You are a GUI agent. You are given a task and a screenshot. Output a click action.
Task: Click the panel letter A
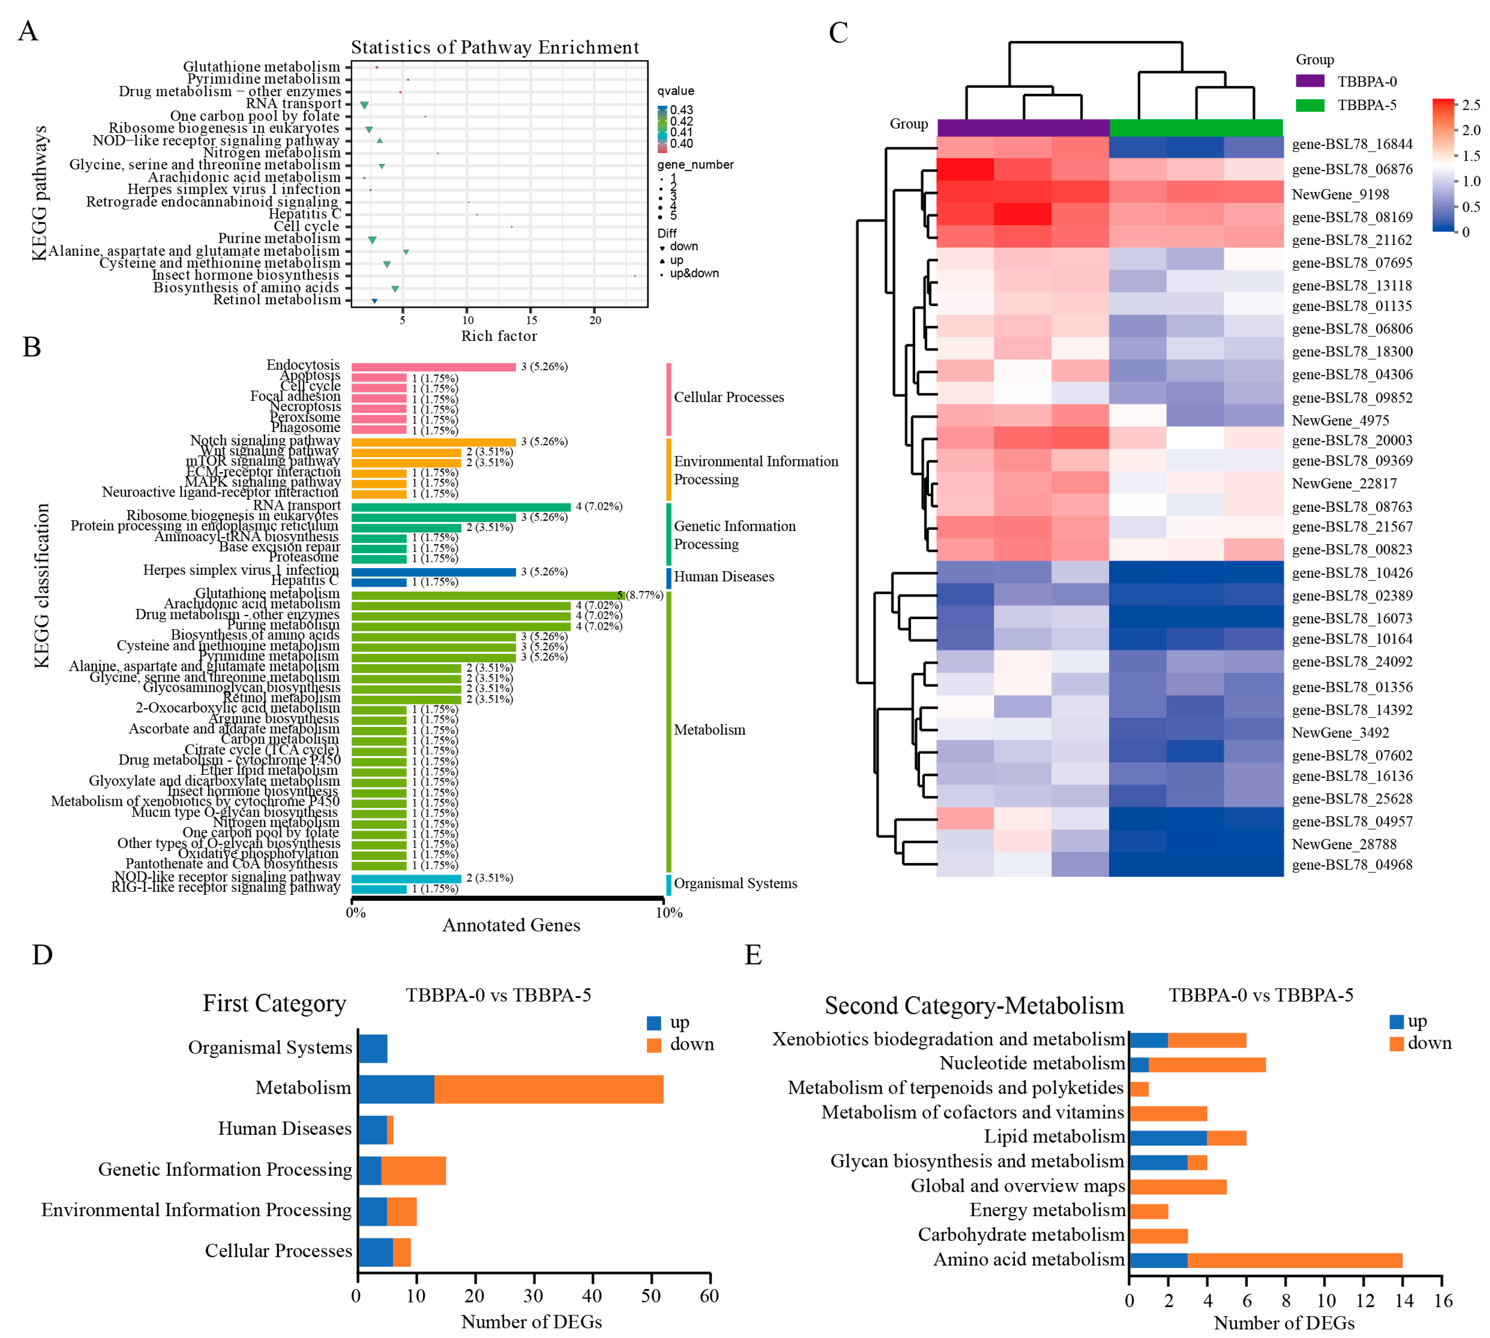pyautogui.click(x=28, y=32)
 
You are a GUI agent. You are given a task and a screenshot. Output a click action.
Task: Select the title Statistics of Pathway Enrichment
pyautogui.click(x=495, y=48)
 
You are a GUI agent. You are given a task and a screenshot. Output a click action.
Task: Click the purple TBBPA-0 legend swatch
pyautogui.click(x=1309, y=81)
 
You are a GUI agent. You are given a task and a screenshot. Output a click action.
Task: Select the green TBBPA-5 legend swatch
pyautogui.click(x=1309, y=105)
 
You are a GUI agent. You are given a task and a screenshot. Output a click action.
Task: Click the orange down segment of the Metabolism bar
pyautogui.click(x=548, y=1089)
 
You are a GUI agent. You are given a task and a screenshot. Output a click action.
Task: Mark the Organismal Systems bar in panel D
pyautogui.click(x=373, y=1048)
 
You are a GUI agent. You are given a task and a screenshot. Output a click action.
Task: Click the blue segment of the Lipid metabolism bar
pyautogui.click(x=1168, y=1137)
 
